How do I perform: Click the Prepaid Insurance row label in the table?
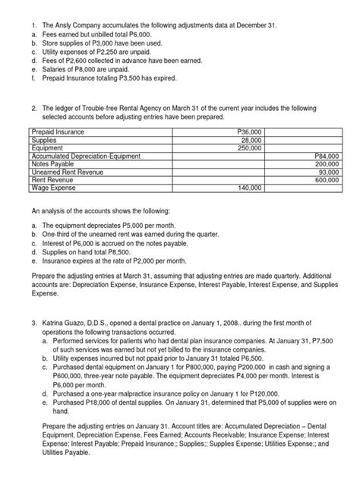[x=58, y=132]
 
